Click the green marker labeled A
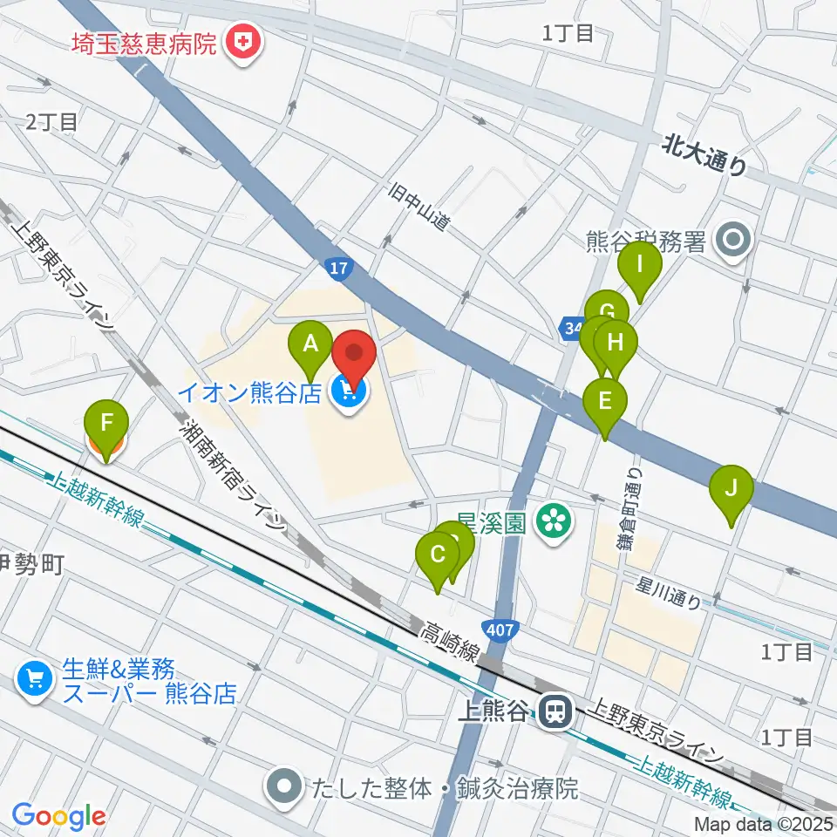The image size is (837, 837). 310,344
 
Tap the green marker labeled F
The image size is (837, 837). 106,425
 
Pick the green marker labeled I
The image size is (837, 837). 640,264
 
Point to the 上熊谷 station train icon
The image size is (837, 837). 554,712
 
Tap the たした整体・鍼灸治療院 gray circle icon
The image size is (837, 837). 284,789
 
